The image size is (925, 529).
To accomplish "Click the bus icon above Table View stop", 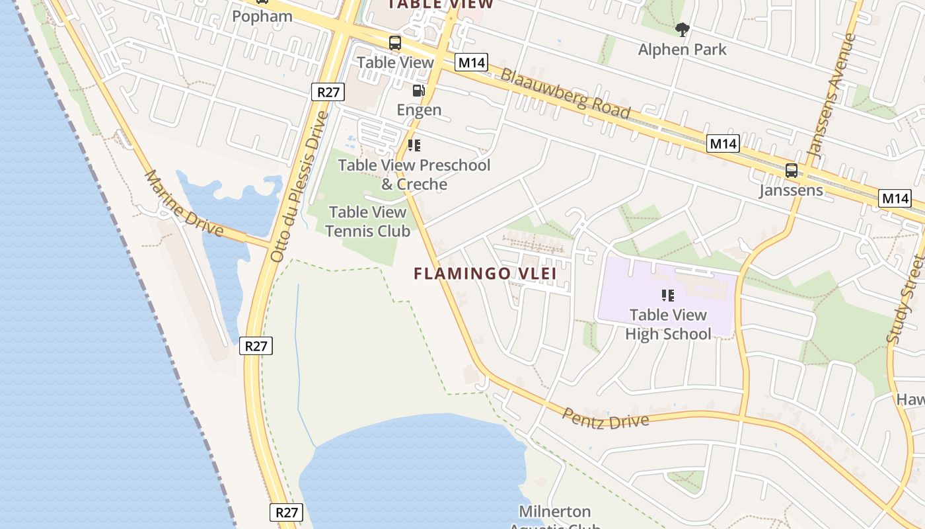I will (x=394, y=44).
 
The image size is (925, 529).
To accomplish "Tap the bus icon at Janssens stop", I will (x=791, y=171).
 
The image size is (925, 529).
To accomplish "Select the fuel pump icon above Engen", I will (x=418, y=91).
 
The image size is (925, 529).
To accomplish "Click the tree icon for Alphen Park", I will (x=683, y=29).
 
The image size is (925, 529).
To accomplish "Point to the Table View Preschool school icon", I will (x=414, y=145).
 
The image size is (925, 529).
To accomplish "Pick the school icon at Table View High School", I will (x=667, y=296).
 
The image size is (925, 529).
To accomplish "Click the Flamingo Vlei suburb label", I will (x=485, y=273).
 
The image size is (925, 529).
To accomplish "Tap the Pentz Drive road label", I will (x=605, y=419).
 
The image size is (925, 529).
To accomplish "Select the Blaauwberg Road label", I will (x=565, y=93).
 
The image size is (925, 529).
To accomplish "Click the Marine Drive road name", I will (x=184, y=203).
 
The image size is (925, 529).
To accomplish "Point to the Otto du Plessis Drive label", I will (x=299, y=186).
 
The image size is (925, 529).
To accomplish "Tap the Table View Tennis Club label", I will (x=367, y=222).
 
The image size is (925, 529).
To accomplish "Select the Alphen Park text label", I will (x=683, y=50).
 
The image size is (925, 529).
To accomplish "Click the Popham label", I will (x=262, y=17).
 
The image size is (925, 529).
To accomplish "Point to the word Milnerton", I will (x=554, y=511).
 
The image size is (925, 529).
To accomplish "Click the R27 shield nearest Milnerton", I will (x=287, y=512).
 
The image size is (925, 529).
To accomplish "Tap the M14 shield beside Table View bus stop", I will (x=471, y=63).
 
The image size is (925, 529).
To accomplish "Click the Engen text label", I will (x=419, y=110).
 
